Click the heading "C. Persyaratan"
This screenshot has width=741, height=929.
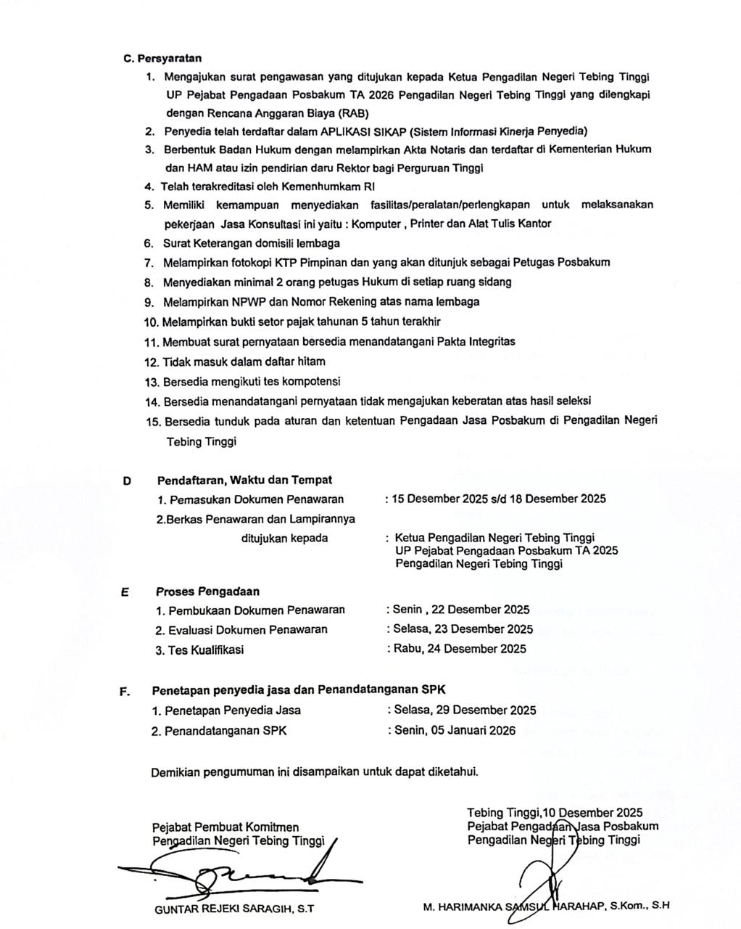pos(162,58)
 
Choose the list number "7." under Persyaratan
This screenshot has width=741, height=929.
pos(149,262)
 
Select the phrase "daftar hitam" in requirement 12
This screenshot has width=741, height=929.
pos(297,361)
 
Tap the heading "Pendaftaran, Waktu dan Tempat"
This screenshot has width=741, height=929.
pos(244,480)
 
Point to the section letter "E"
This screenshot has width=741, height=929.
pos(125,592)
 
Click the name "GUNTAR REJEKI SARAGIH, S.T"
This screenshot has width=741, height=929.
pos(234,907)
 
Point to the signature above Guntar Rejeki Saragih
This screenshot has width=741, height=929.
pos(239,872)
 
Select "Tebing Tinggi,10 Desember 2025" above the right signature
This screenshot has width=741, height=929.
pos(555,813)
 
